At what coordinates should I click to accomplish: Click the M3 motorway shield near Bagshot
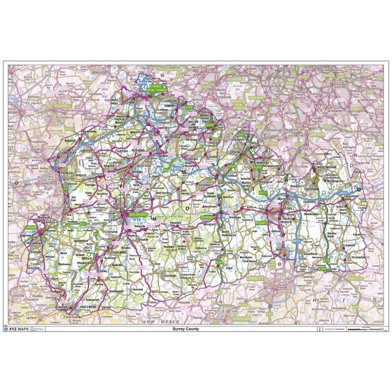90,143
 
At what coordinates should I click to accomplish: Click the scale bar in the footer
364,329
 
